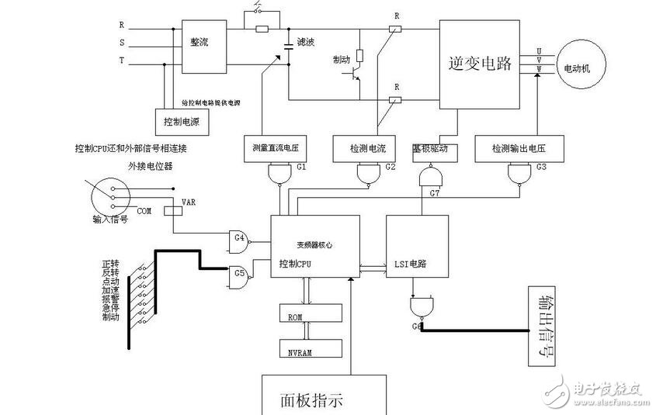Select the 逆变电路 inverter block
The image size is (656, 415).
tap(481, 64)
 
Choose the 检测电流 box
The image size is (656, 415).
tap(363, 147)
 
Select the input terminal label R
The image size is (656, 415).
tap(122, 26)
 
